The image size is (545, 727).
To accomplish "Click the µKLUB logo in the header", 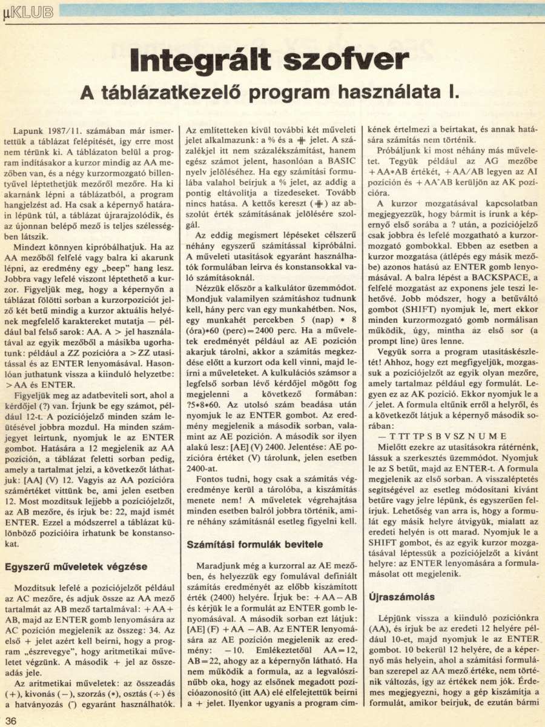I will pos(28,12).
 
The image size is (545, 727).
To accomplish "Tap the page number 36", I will pos(12,720).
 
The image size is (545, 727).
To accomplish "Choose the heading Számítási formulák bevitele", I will pos(254,544).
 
